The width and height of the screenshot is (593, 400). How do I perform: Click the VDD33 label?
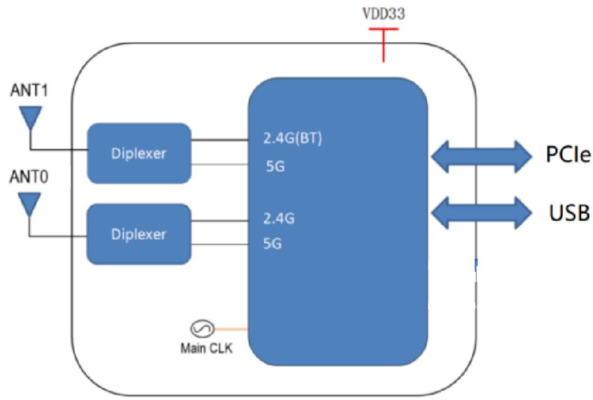(x=384, y=14)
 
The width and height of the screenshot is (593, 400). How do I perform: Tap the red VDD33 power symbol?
(x=383, y=45)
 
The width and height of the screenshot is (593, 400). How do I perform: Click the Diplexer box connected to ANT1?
(x=139, y=153)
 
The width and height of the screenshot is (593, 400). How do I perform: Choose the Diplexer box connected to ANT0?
(x=139, y=234)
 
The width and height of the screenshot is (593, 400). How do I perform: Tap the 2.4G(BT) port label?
(x=292, y=139)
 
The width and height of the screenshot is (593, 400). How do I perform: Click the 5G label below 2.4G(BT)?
(x=275, y=166)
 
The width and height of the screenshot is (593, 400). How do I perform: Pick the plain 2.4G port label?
(x=279, y=218)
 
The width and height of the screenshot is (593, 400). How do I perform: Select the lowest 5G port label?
(x=272, y=244)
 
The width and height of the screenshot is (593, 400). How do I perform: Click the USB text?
(x=569, y=213)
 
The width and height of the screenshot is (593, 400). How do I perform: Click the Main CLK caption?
(x=206, y=348)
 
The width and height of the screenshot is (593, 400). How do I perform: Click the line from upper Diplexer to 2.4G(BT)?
(x=220, y=140)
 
